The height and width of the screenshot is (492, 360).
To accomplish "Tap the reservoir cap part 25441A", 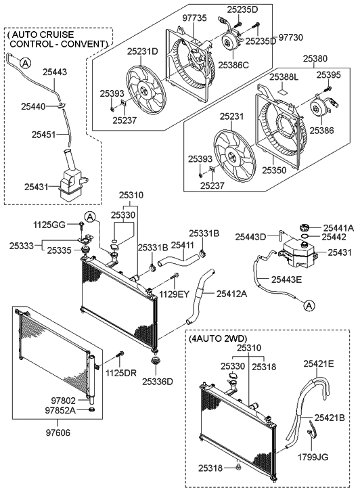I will coord(302,228).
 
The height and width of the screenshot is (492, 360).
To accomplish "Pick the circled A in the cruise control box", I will coord(25,63).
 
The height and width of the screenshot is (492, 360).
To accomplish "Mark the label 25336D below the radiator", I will coord(158,381).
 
